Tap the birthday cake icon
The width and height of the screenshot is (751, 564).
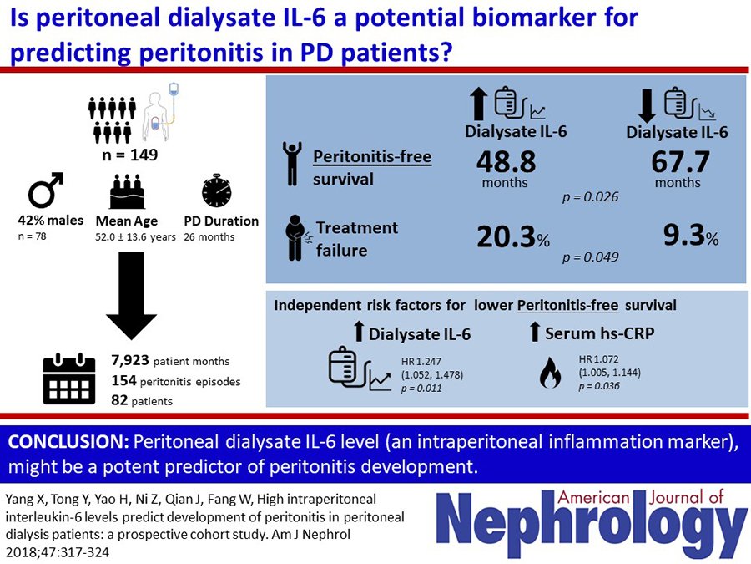128,192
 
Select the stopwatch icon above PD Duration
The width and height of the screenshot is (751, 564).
216,191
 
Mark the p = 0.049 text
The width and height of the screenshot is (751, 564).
590,257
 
